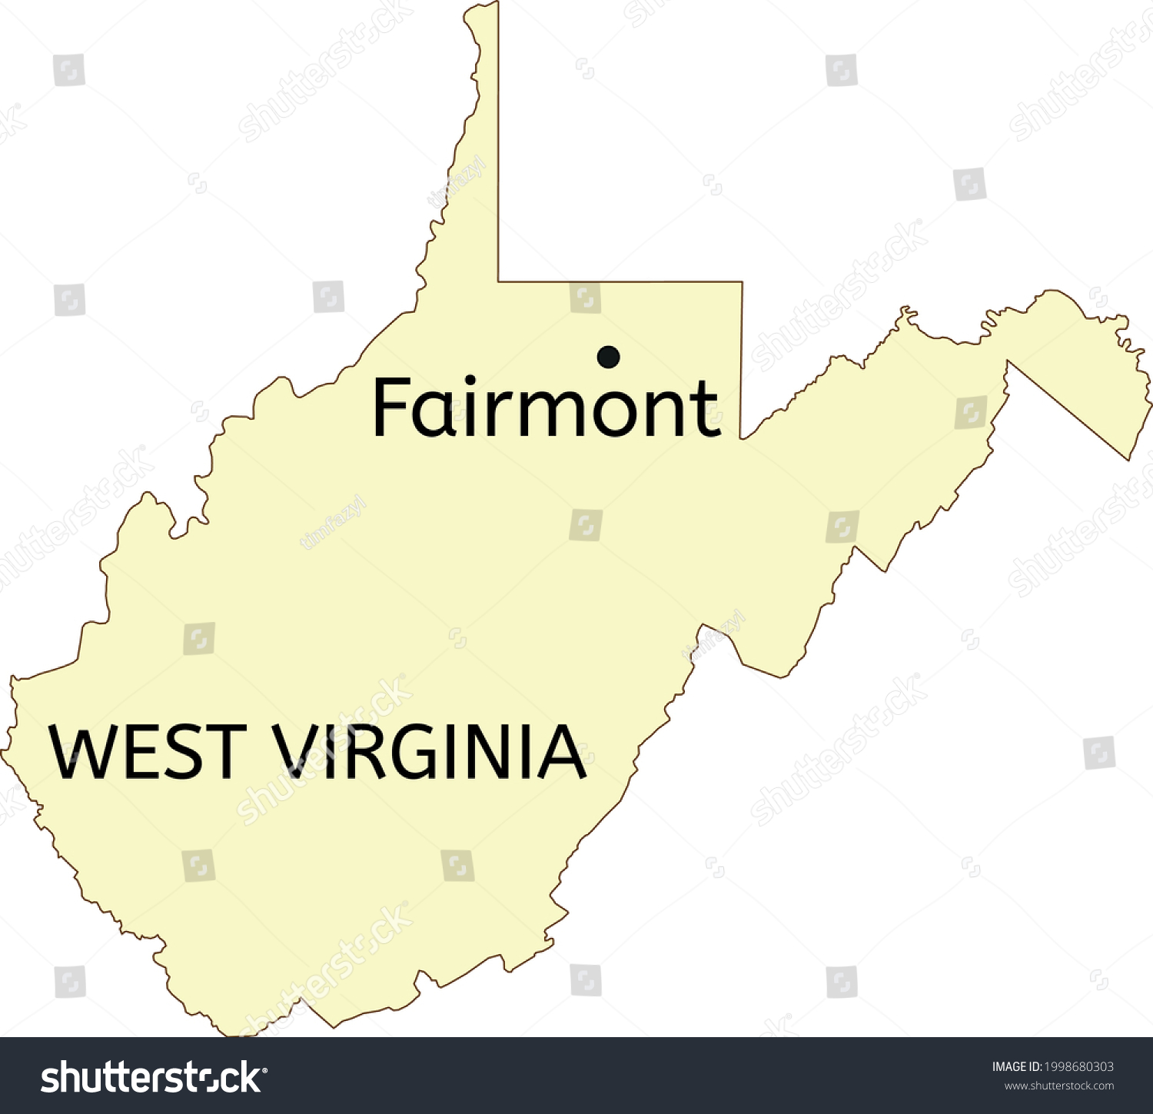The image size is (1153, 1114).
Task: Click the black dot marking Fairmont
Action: coord(608,356)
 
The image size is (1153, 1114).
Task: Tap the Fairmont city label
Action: coord(546,407)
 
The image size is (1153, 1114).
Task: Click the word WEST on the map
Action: coord(147,751)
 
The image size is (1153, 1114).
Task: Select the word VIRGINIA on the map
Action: coord(430,751)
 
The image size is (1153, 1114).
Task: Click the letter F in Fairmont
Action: coord(390,407)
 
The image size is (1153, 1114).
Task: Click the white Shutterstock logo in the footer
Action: coord(154,1077)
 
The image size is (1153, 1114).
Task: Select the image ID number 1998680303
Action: coord(1078,1066)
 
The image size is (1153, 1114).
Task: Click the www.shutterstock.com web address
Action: coord(1058,1086)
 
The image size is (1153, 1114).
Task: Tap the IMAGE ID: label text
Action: coord(1016,1066)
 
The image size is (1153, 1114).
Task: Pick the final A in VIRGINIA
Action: coord(560,751)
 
